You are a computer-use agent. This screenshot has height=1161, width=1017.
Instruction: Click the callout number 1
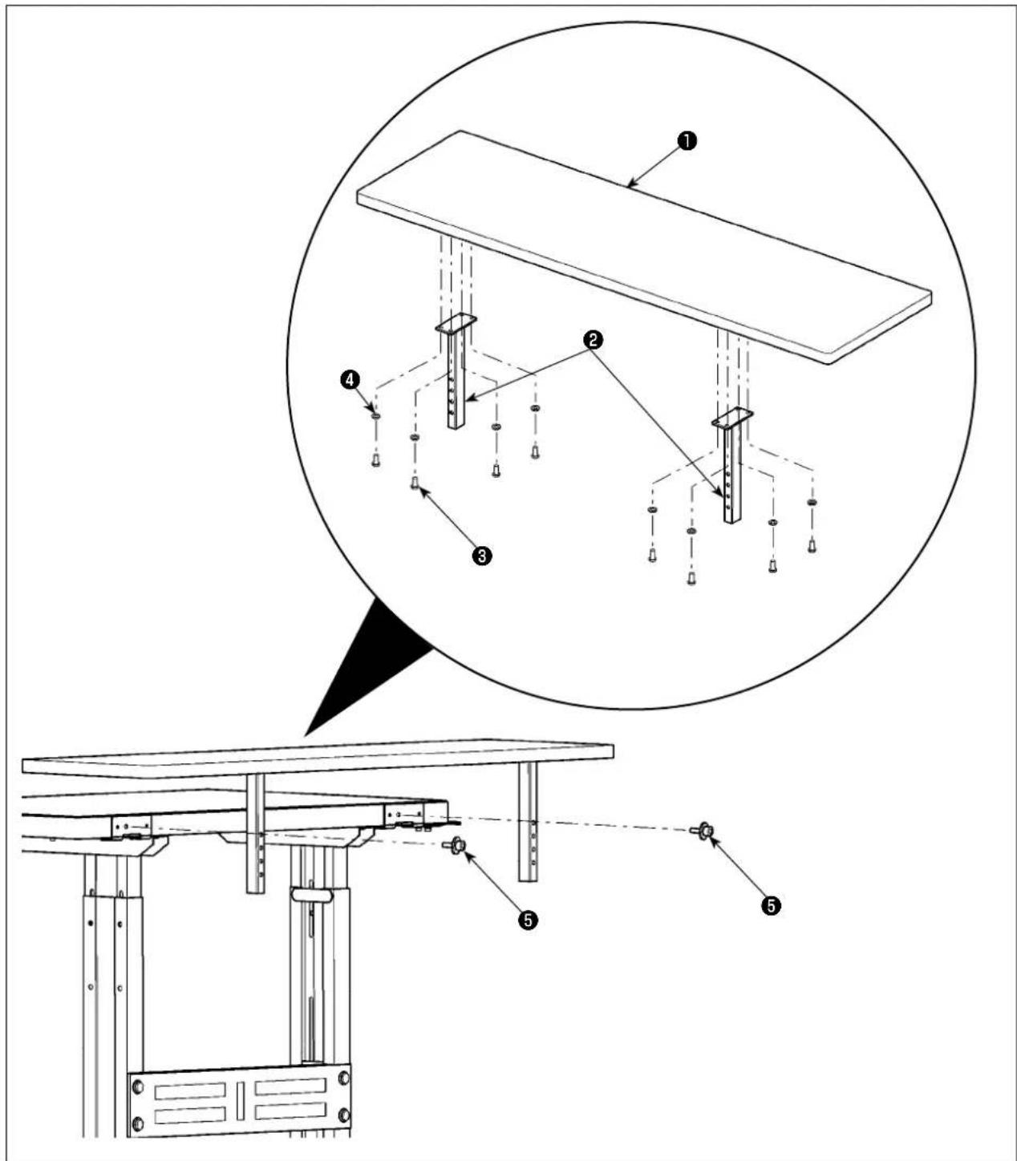pos(687,141)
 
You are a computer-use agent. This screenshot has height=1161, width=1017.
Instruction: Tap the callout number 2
pos(593,340)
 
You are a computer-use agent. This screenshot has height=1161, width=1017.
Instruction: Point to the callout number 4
pos(350,379)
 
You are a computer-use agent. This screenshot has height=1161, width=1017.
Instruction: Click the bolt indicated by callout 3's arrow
pos(415,483)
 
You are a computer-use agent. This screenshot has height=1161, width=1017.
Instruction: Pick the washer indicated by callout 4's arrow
pos(375,416)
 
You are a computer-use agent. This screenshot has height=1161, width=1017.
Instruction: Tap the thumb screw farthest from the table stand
pos(702,831)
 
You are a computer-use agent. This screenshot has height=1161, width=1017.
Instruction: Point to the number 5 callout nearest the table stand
pos(528,920)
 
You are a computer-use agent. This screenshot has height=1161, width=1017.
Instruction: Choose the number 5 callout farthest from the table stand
pos(771,906)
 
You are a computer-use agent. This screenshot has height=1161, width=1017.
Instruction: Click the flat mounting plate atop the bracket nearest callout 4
pos(456,323)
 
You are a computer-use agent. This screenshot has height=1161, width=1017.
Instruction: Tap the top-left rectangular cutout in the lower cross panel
pos(190,1091)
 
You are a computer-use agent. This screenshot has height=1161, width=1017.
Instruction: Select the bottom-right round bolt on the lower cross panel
pos(344,1115)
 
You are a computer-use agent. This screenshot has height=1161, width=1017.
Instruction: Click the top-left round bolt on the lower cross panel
pos(137,1088)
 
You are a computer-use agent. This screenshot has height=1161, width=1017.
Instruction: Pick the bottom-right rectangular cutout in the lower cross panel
pos(290,1111)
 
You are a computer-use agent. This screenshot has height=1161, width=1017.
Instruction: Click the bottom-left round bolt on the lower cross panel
pos(137,1123)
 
